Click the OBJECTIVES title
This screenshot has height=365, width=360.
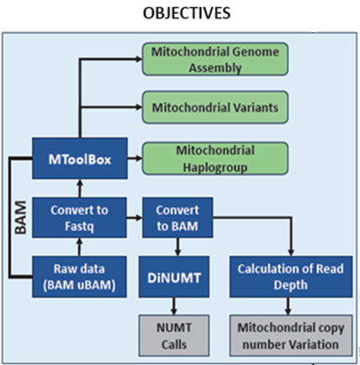pos(187,13)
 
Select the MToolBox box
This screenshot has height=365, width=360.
pos(80,158)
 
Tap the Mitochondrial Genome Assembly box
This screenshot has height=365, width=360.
pos(215,59)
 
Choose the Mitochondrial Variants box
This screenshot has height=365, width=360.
pos(215,108)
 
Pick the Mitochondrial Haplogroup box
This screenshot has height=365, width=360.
pos(215,159)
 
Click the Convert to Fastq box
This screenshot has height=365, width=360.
pos(79,218)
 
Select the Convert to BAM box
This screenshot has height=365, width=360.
pos(177,218)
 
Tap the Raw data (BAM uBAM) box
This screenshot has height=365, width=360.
pos(79,277)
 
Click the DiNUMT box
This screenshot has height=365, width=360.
pos(174,277)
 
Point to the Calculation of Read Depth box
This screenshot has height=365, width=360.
pos(291,277)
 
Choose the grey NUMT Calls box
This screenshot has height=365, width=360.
pos(174,336)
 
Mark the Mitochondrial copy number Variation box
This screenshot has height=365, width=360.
pos(291,336)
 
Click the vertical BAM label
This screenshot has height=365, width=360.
pos(21,218)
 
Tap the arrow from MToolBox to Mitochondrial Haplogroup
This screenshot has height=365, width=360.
pos(135,158)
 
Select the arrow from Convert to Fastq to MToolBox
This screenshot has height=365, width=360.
pos(80,188)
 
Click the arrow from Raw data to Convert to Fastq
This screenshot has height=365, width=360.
pos(79,247)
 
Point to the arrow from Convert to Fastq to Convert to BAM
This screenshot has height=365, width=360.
pos(135,218)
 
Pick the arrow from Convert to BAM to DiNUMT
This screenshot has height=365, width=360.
pos(177,247)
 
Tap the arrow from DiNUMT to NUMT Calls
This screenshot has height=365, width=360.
pos(174,306)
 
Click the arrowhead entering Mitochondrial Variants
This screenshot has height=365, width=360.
pos(139,107)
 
